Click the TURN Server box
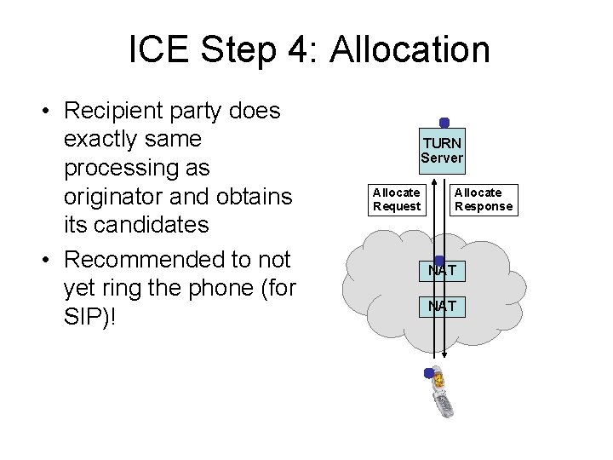442,152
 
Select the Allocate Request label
396,199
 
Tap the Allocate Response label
484,199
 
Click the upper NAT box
442,271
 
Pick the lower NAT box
442,304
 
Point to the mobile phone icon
442,394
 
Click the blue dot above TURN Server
444,122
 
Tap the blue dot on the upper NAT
438,261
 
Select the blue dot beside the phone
428,373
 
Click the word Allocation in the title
410,51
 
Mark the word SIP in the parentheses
86,314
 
